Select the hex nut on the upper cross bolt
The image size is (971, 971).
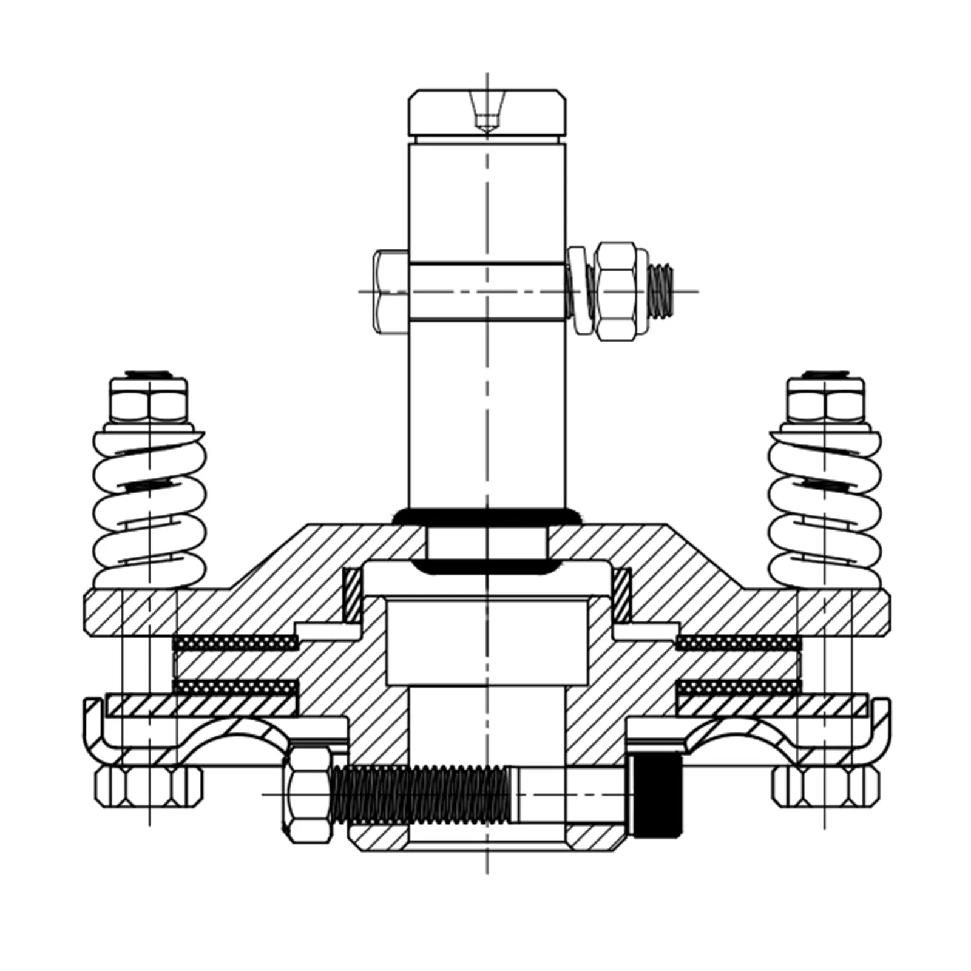click(x=616, y=291)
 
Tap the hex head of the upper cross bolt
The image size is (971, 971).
click(x=391, y=291)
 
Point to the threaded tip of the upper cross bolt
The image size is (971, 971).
click(x=660, y=291)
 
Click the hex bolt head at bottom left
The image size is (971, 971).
click(x=149, y=787)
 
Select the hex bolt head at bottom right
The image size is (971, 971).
click(x=825, y=787)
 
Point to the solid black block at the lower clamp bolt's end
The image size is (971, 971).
click(x=657, y=796)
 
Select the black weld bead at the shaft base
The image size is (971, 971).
click(x=487, y=517)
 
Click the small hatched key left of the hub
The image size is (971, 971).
click(x=353, y=595)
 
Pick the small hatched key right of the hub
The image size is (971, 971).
click(x=621, y=595)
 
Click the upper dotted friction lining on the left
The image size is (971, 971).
click(x=235, y=642)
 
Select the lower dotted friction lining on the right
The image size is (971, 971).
click(x=737, y=687)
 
